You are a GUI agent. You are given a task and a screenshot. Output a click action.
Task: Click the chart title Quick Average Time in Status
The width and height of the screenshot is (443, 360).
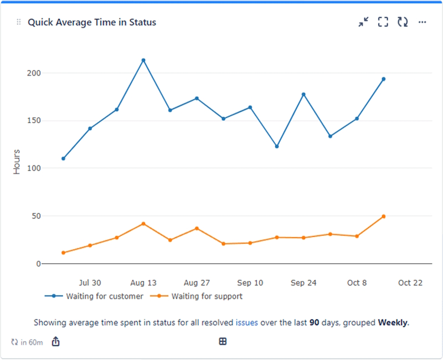(92, 22)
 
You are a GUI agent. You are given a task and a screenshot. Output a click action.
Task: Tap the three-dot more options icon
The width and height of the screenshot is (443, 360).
(422, 22)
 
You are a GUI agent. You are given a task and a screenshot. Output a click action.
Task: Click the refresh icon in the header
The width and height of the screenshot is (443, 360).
(403, 22)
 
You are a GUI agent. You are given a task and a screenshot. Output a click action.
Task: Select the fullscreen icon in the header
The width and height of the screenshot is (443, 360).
(383, 22)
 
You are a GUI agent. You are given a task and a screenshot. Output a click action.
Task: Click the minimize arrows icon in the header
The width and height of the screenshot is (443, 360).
(363, 22)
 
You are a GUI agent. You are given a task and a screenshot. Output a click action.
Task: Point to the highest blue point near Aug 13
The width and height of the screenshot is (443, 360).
(143, 60)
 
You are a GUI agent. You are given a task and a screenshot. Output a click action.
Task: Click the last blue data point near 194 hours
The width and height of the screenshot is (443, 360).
(383, 79)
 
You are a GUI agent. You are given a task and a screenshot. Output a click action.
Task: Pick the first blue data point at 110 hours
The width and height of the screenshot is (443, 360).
(63, 158)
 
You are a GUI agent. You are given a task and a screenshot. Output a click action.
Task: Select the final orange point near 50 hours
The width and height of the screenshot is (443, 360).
(383, 217)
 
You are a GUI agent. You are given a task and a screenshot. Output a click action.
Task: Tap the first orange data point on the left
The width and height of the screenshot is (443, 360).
(63, 253)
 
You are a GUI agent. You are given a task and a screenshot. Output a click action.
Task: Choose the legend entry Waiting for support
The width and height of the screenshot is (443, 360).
(207, 296)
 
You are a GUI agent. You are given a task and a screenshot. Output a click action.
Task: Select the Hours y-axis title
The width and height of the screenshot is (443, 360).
(17, 162)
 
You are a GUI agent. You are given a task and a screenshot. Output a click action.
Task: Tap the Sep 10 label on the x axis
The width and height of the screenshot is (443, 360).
(250, 282)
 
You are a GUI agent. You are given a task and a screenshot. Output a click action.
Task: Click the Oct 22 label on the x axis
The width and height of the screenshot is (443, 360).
(410, 282)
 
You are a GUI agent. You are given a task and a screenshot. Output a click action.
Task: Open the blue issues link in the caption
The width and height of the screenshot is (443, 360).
(246, 322)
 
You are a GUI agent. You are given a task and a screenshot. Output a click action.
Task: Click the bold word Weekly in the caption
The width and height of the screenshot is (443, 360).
(393, 322)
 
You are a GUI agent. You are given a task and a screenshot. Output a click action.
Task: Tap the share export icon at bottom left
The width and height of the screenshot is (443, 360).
(55, 342)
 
